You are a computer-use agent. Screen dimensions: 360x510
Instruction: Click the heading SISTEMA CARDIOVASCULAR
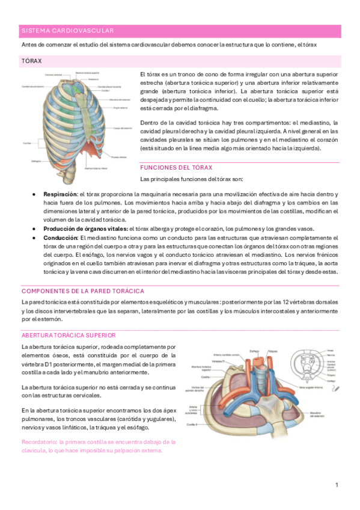click(x=67, y=30)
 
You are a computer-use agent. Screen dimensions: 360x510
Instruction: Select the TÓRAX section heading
click(x=31, y=61)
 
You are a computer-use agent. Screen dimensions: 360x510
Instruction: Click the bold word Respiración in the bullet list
click(x=59, y=194)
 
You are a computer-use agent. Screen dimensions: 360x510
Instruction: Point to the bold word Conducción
click(x=60, y=238)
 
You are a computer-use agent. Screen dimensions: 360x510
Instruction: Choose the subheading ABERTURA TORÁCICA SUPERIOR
click(x=68, y=334)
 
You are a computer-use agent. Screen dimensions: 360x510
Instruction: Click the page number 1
click(x=337, y=485)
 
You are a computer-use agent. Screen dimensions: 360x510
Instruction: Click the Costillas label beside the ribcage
click(x=28, y=143)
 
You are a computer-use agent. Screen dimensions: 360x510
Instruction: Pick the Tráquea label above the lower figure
click(x=272, y=351)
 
